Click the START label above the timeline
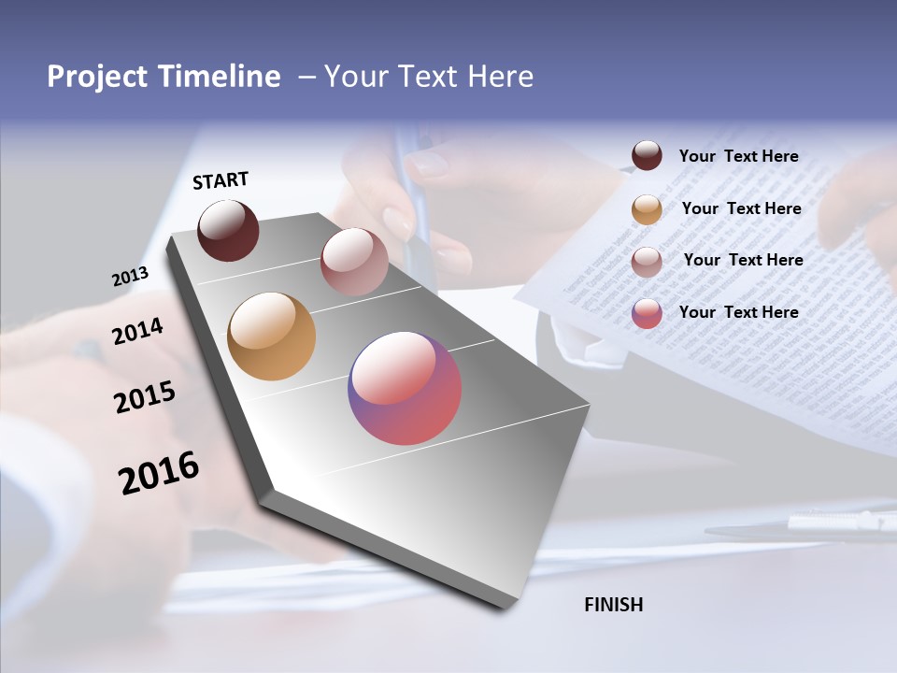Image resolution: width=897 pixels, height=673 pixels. [221, 180]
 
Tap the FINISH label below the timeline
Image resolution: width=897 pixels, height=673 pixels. [613, 605]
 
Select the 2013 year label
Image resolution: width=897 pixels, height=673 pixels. [130, 277]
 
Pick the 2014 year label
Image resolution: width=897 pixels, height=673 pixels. [137, 332]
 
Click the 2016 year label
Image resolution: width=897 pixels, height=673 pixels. [159, 473]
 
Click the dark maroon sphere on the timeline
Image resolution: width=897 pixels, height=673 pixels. [228, 230]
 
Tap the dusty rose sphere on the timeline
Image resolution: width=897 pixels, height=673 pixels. [354, 262]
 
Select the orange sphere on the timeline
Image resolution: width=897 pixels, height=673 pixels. [271, 336]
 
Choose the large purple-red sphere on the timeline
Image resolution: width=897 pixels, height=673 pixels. [405, 388]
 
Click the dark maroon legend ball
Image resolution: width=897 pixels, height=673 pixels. [647, 156]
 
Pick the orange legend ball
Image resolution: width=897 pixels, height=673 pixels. [647, 209]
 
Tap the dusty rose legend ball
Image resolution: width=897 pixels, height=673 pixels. [647, 262]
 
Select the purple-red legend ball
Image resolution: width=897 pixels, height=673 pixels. [647, 313]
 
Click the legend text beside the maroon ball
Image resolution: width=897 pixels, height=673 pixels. [738, 157]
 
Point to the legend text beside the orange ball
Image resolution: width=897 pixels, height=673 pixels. [741, 208]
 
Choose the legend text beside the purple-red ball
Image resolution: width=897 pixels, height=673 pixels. [738, 312]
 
